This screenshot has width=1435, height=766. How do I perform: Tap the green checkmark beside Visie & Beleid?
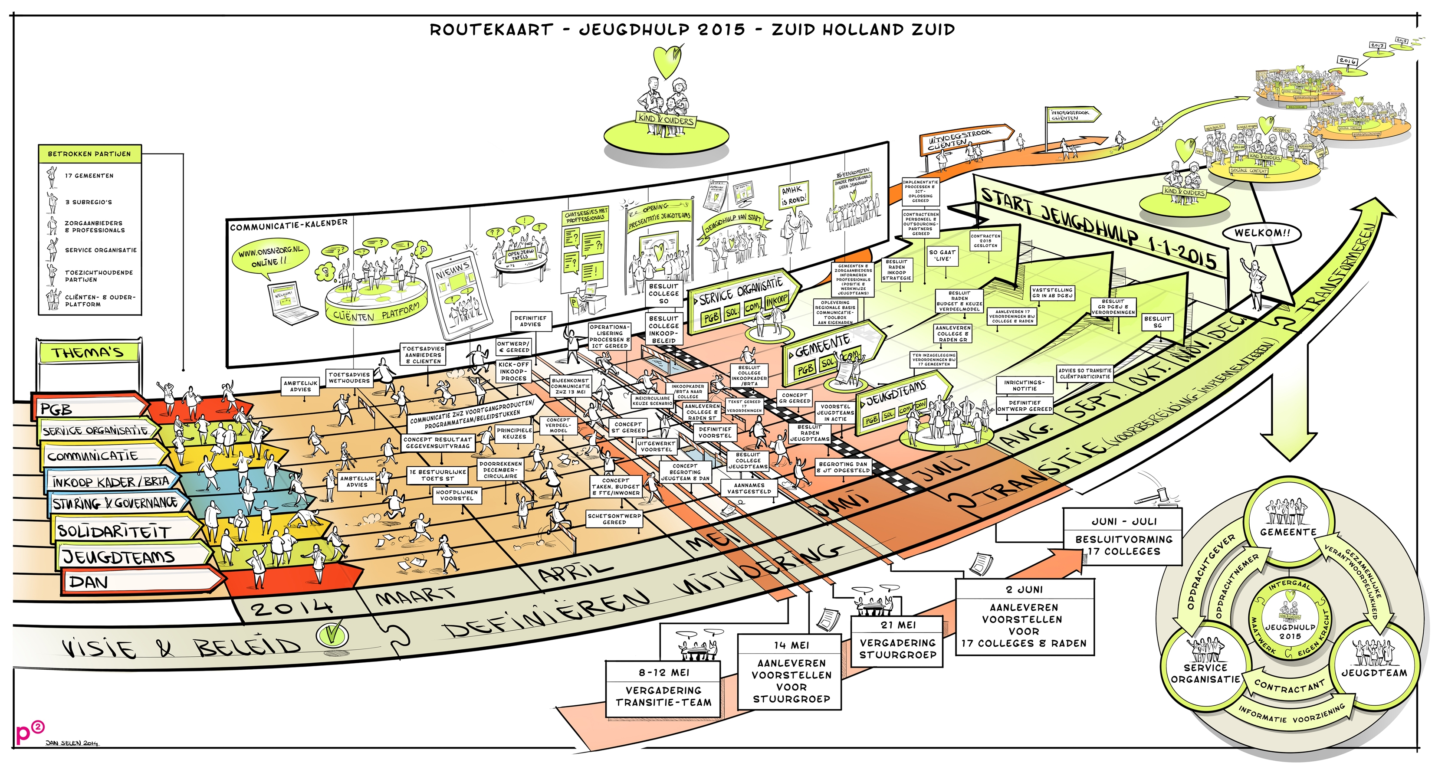332,634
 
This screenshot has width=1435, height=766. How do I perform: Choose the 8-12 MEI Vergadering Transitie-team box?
663,690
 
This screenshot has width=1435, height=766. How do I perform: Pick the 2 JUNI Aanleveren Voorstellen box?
1024,617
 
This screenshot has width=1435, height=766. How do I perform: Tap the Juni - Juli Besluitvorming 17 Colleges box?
1123,538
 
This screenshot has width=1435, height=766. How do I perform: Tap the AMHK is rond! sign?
793,195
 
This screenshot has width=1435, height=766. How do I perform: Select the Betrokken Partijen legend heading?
89,154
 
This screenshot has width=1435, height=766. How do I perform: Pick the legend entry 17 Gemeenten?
89,176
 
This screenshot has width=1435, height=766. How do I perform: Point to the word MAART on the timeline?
415,597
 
